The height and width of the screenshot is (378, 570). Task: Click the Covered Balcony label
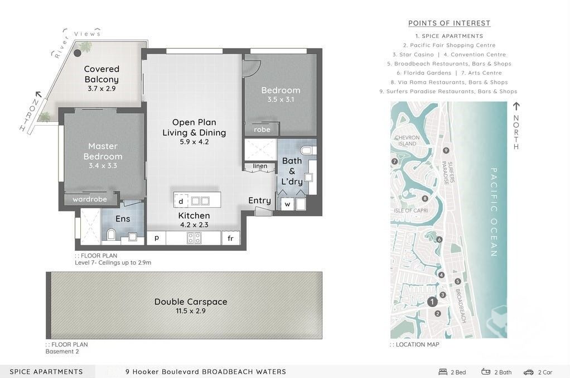pyautogui.click(x=102, y=74)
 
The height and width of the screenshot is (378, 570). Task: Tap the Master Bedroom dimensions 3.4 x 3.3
pyautogui.click(x=103, y=166)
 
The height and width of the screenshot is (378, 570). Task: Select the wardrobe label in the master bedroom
pyautogui.click(x=90, y=199)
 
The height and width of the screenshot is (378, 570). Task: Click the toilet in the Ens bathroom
pyautogui.click(x=111, y=234)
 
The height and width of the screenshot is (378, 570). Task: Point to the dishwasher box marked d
pyautogui.click(x=181, y=201)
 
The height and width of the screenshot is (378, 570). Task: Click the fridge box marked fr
pyautogui.click(x=230, y=238)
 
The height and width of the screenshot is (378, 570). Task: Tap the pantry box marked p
pyautogui.click(x=156, y=238)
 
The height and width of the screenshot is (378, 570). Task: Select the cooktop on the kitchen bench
pyautogui.click(x=194, y=238)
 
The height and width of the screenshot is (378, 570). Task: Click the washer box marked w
pyautogui.click(x=287, y=204)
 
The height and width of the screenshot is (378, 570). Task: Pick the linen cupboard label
pyautogui.click(x=260, y=166)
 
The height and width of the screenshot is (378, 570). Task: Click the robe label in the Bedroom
pyautogui.click(x=262, y=130)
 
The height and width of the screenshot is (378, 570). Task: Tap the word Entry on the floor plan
pyautogui.click(x=259, y=200)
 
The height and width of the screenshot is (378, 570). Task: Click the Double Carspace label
pyautogui.click(x=191, y=302)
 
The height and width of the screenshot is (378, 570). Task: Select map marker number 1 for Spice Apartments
pyautogui.click(x=432, y=302)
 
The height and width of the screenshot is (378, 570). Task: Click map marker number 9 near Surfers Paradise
pyautogui.click(x=446, y=150)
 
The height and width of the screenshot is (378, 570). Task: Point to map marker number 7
pyautogui.click(x=394, y=161)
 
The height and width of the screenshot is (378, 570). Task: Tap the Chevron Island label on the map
pyautogui.click(x=407, y=141)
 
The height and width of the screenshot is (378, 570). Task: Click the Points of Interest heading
pyautogui.click(x=450, y=23)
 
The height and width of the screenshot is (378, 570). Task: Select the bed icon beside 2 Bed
pyautogui.click(x=443, y=372)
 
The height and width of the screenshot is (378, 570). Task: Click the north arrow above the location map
pyautogui.click(x=516, y=106)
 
